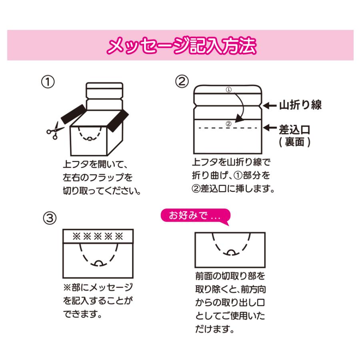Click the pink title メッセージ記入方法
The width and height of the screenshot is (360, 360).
pos(181,46)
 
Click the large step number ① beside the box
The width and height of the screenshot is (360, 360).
pos(48,82)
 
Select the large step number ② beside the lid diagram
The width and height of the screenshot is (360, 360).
pos(182,82)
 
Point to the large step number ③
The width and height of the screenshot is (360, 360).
pos(50,218)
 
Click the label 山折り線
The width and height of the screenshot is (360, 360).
pos(300,105)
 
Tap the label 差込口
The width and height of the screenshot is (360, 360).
pos(294,130)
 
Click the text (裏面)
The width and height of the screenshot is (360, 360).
pos(294,142)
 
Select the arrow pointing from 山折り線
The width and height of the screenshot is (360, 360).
pos(270,106)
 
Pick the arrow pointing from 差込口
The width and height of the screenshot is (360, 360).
pos(270,128)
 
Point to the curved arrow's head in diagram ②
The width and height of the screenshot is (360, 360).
pos(239,119)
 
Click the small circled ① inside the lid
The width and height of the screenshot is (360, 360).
pos(229,90)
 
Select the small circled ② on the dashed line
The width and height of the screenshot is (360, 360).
pos(228,124)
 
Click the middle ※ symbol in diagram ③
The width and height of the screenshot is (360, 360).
pos(98,236)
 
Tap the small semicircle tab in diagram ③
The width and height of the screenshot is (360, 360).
pos(99,263)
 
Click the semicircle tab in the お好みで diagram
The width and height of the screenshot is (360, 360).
pos(231,252)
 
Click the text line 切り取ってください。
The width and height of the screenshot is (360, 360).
pos(102,190)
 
